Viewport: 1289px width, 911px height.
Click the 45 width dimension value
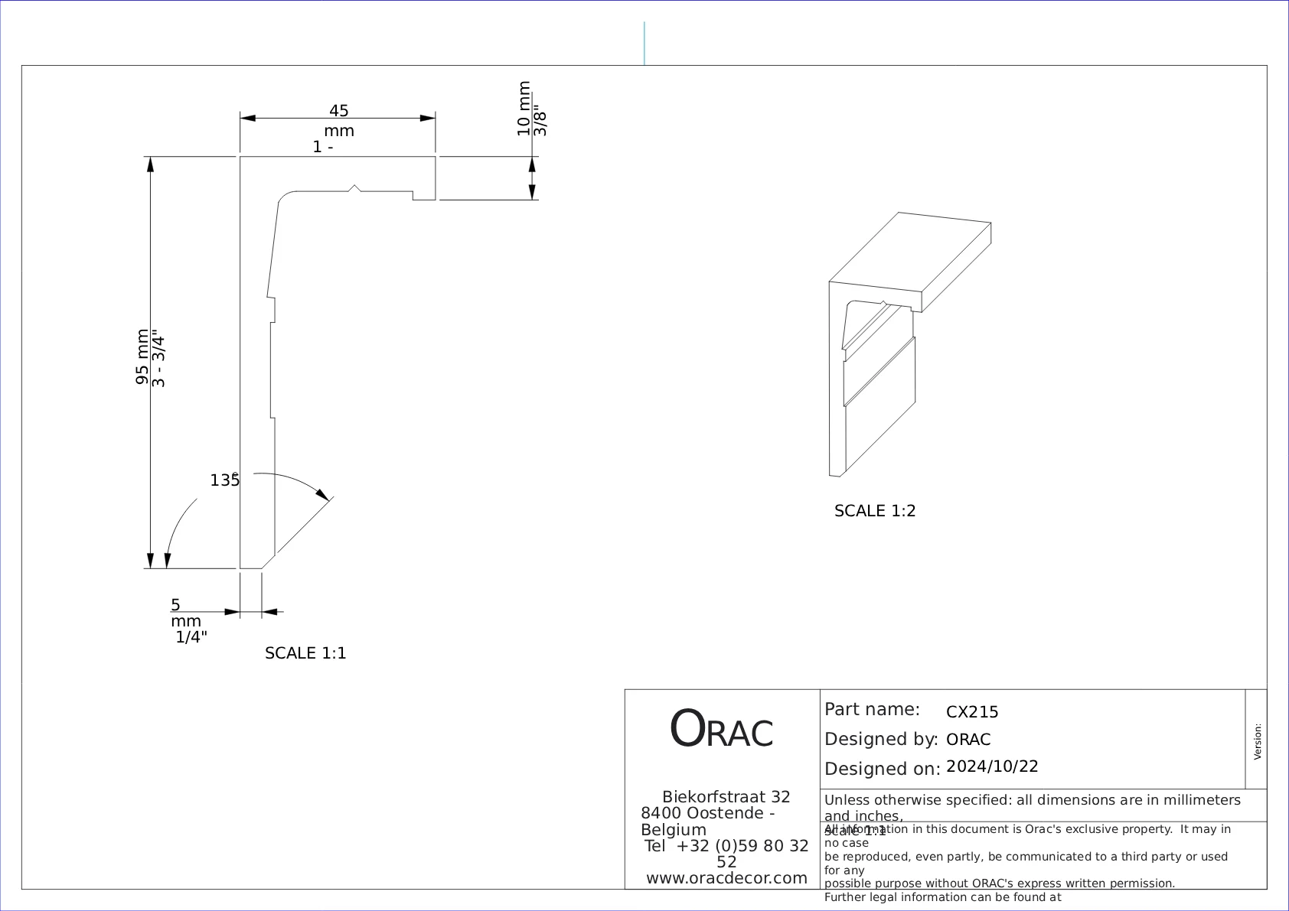[338, 111]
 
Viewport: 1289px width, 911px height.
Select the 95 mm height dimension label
[142, 357]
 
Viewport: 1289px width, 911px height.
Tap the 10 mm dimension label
[524, 109]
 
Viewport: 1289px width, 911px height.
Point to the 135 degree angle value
[224, 480]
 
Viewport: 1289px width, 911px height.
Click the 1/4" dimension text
[191, 637]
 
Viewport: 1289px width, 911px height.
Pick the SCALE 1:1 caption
[305, 653]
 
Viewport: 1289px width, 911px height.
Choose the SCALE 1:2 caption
[875, 511]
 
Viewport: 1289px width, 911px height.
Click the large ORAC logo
[721, 729]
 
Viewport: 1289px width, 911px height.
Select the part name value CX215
[972, 712]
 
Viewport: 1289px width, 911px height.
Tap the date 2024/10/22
[992, 766]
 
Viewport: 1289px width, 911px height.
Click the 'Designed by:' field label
[881, 740]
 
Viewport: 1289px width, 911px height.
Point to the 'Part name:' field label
[872, 709]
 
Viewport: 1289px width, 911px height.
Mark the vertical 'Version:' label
[1257, 741]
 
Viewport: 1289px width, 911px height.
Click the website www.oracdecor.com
[726, 878]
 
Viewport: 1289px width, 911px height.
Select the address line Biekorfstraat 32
[726, 797]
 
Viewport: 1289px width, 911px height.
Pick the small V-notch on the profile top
[354, 187]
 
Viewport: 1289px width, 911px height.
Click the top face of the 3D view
[911, 252]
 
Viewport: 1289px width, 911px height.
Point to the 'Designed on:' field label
[882, 769]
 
